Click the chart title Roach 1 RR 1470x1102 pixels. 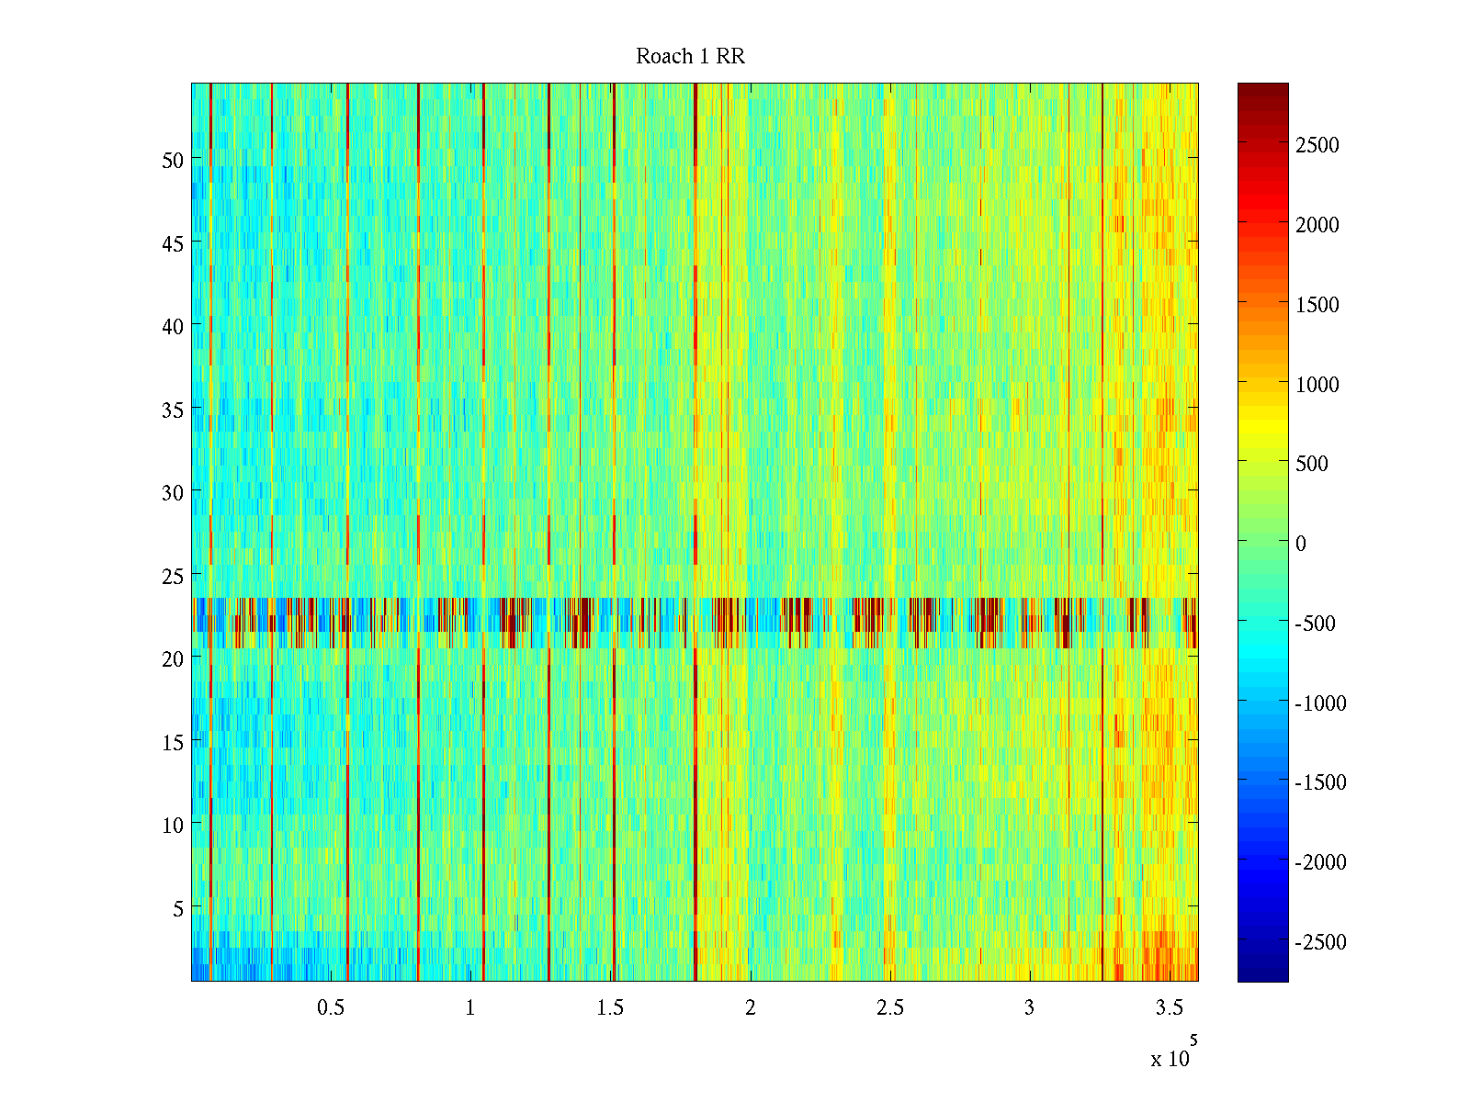click(690, 57)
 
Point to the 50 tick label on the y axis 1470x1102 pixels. click(172, 160)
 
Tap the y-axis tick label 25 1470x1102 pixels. click(172, 576)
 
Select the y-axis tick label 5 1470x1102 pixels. click(177, 908)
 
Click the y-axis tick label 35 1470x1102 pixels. click(172, 410)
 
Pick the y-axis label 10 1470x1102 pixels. click(172, 825)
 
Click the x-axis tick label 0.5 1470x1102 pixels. click(331, 1008)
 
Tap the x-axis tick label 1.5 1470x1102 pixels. click(610, 1008)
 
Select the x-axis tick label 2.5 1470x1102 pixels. click(889, 1008)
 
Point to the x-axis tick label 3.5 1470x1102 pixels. click(1169, 1008)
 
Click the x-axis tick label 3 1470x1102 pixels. click(1029, 1008)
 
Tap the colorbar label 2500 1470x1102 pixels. click(1317, 145)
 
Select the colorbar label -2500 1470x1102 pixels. click(1320, 942)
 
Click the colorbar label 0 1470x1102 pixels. click(1300, 544)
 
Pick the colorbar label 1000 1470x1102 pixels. click(1317, 385)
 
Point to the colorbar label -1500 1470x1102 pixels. click(1320, 782)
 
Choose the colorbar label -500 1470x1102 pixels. click(1315, 624)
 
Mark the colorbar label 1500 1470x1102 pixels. click(1317, 305)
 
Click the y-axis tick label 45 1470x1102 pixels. click(172, 243)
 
